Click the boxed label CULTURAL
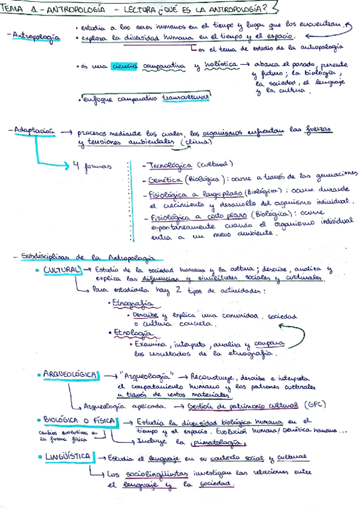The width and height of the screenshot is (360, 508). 61,270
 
